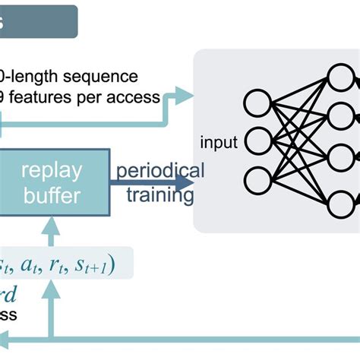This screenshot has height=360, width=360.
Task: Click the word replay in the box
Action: (51, 171)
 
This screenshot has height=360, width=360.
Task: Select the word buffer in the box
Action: (51, 196)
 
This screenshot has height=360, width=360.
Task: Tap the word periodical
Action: (159, 170)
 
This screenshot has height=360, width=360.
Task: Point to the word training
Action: (159, 196)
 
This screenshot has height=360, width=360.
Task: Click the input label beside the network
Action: (219, 142)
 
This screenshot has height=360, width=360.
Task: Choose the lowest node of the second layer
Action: (339, 204)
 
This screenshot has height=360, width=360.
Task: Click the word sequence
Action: (101, 76)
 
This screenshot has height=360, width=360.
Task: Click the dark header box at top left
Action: (38, 22)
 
